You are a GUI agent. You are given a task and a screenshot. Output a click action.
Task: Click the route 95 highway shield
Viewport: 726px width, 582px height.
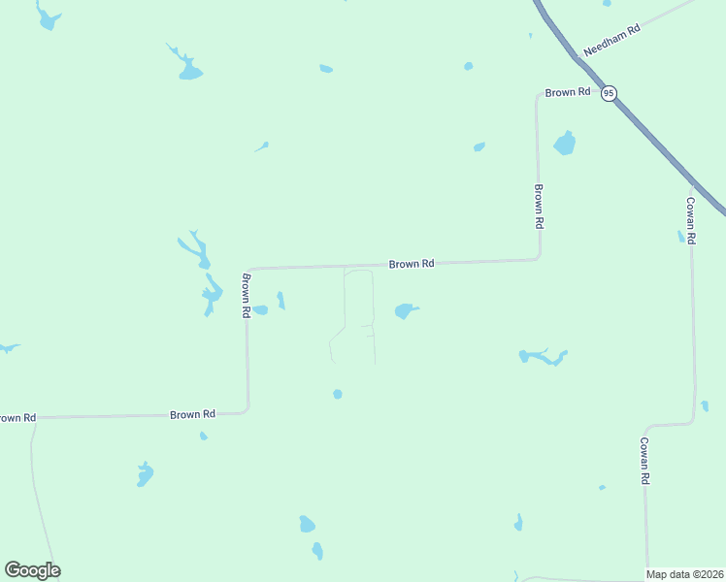tap(608, 93)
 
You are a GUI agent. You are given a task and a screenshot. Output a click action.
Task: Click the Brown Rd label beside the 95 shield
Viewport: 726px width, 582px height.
tap(567, 92)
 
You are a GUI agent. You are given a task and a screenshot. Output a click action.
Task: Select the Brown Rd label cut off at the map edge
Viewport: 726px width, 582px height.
tap(16, 418)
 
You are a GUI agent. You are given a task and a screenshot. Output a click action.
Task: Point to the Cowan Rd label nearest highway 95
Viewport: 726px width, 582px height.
tap(690, 220)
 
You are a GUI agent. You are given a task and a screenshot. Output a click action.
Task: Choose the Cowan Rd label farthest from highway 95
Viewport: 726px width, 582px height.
tap(643, 460)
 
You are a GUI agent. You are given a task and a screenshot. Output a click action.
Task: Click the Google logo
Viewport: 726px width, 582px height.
tap(32, 570)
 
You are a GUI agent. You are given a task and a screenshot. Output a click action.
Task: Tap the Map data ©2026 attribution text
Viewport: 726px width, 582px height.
tap(685, 574)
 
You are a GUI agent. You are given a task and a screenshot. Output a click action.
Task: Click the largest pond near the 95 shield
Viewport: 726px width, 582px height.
tap(564, 145)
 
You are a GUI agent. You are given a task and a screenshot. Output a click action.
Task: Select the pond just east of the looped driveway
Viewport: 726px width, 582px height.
tap(405, 311)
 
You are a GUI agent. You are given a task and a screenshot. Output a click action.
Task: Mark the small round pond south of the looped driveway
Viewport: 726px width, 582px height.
tap(338, 394)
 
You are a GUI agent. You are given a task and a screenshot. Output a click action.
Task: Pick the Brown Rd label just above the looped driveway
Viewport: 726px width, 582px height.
tap(411, 264)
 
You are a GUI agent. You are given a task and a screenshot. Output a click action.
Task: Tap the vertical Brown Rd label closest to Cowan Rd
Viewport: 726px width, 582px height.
tap(538, 206)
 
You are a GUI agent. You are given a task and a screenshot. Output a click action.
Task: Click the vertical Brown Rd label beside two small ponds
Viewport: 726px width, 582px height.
tap(247, 297)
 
